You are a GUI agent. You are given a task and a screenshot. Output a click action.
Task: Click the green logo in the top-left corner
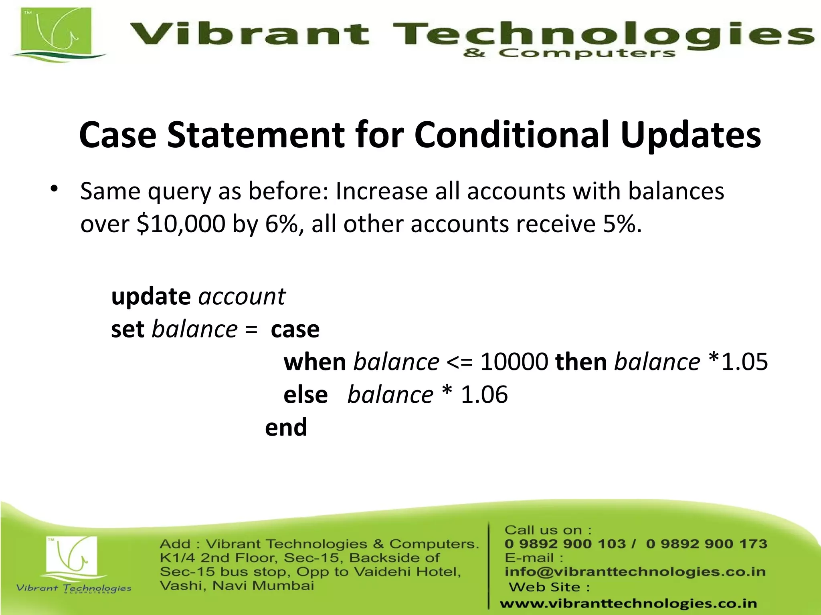(x=56, y=34)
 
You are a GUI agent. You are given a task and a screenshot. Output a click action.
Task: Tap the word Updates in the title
(x=690, y=135)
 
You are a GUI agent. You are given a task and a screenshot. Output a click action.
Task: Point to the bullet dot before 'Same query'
(x=55, y=189)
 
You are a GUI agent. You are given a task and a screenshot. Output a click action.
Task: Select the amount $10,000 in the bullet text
(x=181, y=223)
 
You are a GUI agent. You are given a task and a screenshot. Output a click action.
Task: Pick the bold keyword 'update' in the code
(x=151, y=297)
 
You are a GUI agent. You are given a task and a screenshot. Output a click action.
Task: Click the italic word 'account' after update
(x=242, y=297)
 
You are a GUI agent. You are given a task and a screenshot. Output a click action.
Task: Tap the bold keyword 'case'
(x=295, y=330)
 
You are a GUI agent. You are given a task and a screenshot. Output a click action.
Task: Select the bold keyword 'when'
(x=315, y=362)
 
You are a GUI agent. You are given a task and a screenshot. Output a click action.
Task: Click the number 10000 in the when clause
(x=514, y=362)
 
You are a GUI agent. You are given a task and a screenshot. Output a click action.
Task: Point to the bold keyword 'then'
(x=581, y=362)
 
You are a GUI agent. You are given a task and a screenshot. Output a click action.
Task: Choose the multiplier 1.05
(x=744, y=362)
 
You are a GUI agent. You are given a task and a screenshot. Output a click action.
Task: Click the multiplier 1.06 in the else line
(x=484, y=395)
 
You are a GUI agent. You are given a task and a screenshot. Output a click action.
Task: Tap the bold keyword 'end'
(x=286, y=427)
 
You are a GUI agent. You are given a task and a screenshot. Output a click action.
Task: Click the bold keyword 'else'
(x=305, y=395)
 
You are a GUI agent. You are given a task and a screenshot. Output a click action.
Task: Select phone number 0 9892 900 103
(x=565, y=544)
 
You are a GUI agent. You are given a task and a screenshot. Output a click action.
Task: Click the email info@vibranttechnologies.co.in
(x=635, y=571)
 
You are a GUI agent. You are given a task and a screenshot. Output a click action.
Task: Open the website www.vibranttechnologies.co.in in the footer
(x=628, y=603)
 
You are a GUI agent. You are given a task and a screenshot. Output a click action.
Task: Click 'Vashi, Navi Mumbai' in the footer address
(x=237, y=586)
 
